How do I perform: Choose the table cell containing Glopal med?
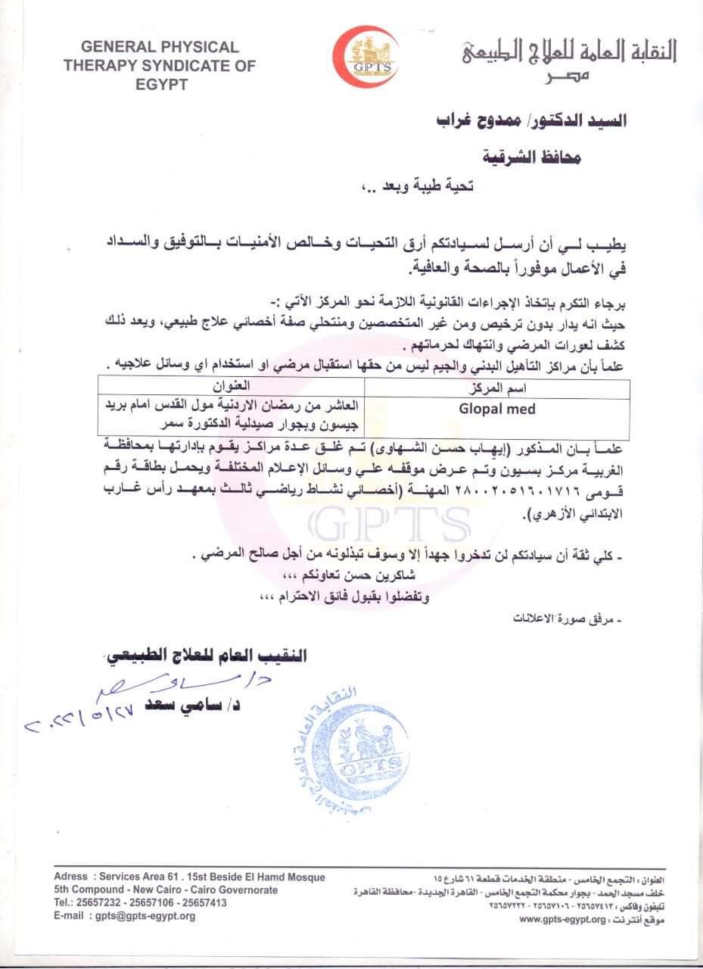496,409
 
